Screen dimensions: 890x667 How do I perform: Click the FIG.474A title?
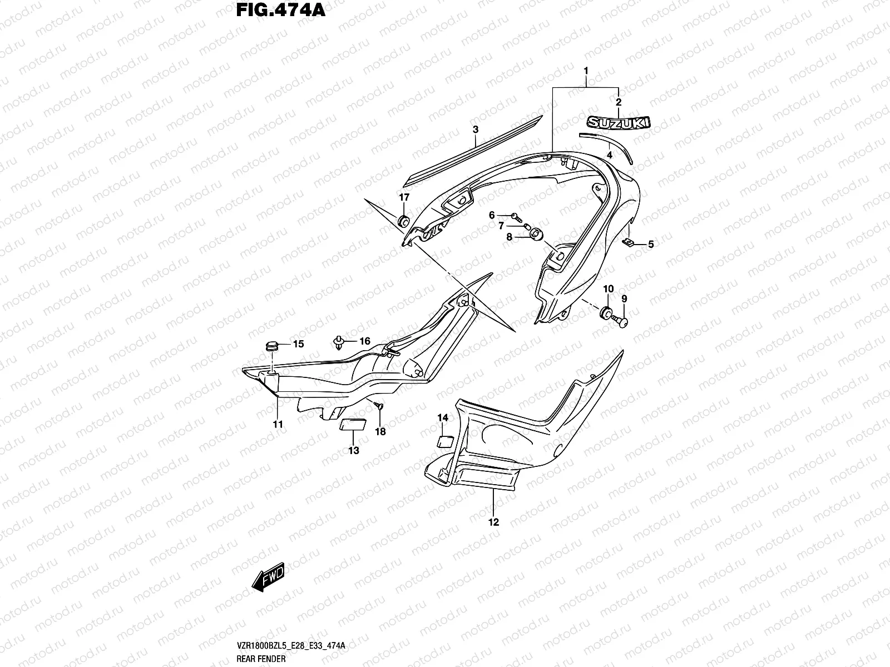[280, 10]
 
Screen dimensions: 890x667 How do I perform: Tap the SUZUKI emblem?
[619, 123]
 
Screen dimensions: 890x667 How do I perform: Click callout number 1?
[586, 71]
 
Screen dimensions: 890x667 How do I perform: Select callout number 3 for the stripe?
[476, 129]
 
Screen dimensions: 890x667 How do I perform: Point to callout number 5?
[651, 244]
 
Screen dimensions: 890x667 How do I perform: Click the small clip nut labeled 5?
[628, 242]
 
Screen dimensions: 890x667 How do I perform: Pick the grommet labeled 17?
[404, 222]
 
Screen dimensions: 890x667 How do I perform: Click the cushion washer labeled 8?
[537, 235]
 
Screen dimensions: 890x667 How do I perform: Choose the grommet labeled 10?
[606, 312]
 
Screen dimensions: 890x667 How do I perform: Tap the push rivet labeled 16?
[339, 342]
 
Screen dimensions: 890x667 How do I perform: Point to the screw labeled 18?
[379, 405]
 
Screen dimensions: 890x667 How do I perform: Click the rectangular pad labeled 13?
[353, 425]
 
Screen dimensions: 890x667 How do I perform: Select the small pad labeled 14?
[445, 441]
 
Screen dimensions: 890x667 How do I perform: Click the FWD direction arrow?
[268, 577]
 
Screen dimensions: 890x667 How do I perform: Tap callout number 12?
[493, 522]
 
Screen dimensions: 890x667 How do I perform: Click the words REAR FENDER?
[261, 659]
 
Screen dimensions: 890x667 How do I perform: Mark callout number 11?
[278, 425]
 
